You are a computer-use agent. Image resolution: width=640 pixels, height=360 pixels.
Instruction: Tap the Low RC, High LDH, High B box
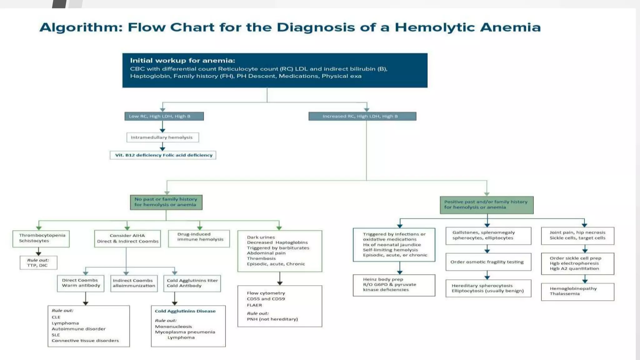(x=164, y=116)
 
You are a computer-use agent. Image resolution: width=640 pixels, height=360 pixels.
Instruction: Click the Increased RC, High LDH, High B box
(x=362, y=116)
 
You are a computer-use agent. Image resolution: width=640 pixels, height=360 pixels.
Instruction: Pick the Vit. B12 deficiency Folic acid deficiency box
(x=163, y=155)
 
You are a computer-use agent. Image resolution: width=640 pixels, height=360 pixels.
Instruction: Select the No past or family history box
(x=166, y=202)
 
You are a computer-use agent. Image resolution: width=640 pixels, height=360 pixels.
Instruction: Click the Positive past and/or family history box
(x=486, y=205)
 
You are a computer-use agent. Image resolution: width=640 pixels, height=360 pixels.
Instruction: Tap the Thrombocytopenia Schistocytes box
(x=41, y=238)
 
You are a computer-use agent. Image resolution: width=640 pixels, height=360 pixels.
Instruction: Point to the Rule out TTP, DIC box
(x=38, y=263)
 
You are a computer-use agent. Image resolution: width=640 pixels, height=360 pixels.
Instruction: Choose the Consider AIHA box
(x=127, y=239)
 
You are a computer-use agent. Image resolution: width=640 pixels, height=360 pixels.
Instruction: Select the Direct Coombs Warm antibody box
(x=81, y=283)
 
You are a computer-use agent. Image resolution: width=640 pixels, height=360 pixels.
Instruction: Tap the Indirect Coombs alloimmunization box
(x=134, y=283)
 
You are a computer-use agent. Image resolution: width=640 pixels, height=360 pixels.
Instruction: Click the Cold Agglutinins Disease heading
(x=185, y=311)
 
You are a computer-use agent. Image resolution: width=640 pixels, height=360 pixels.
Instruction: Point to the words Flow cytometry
(x=266, y=293)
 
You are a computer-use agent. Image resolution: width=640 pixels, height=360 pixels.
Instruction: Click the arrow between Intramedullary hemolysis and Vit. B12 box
(x=162, y=147)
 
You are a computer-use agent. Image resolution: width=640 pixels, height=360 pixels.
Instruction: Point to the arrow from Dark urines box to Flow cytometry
(x=280, y=279)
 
